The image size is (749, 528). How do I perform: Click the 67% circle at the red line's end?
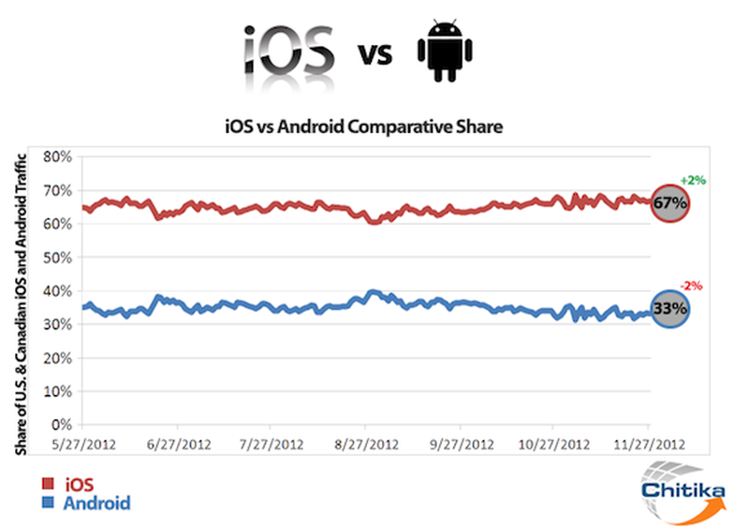(670, 202)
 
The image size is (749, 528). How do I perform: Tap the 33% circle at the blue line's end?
(670, 307)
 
